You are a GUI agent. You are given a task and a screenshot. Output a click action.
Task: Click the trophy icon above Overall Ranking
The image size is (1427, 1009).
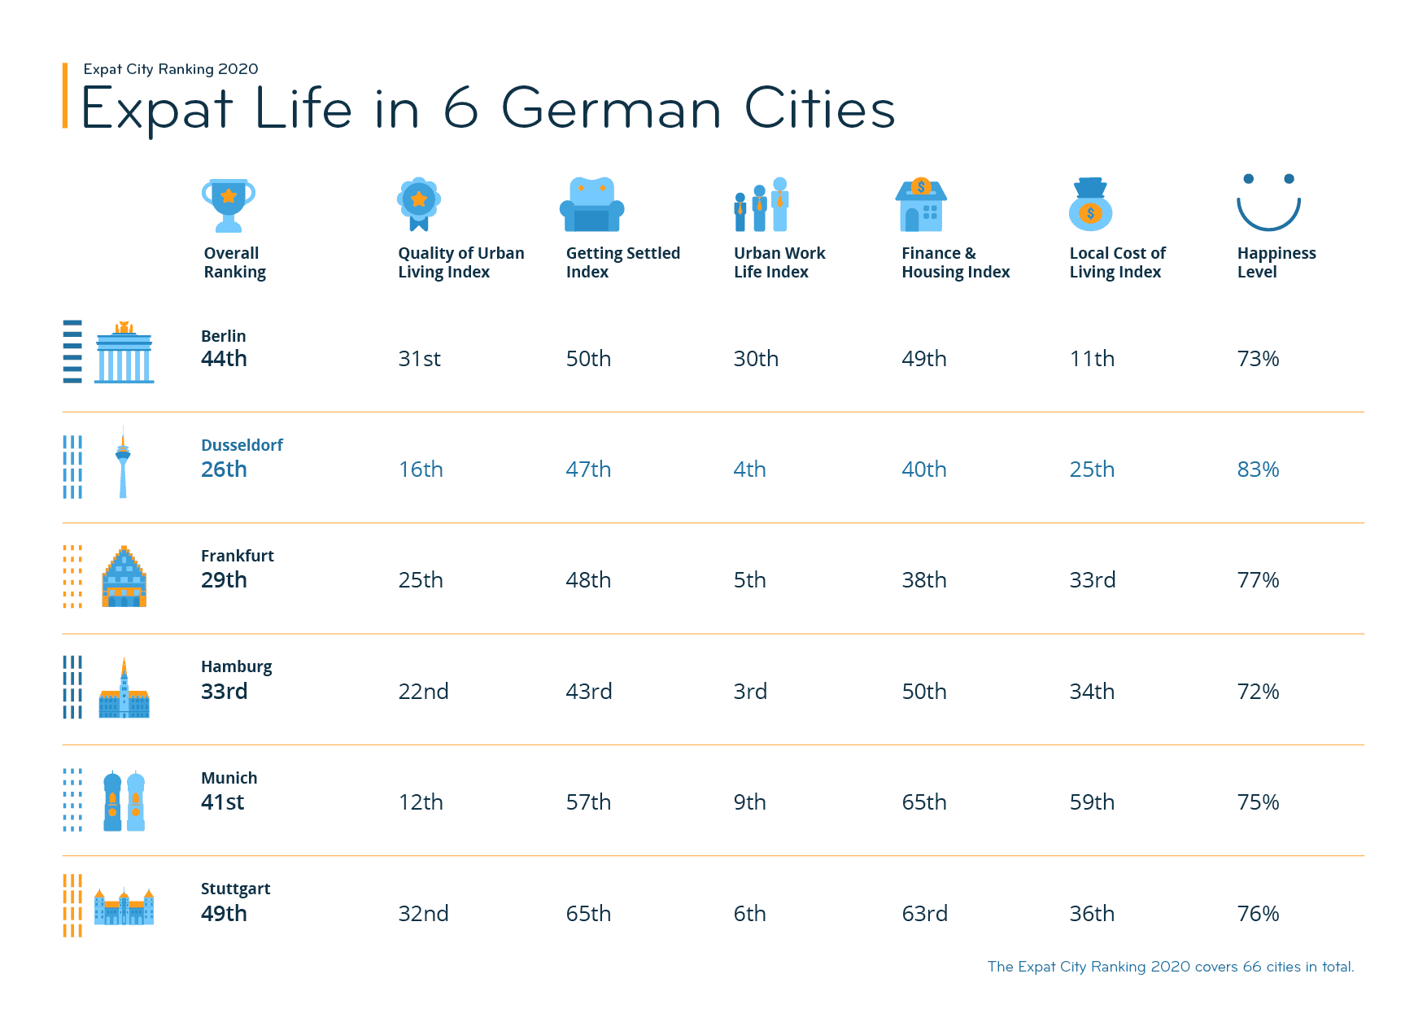[229, 204]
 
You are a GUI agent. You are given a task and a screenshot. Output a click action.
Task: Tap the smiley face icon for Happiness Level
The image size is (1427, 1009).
[1268, 203]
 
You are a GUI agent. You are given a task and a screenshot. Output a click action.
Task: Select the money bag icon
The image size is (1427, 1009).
[1090, 204]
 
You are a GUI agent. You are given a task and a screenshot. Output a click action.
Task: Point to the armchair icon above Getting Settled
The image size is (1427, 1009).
[591, 204]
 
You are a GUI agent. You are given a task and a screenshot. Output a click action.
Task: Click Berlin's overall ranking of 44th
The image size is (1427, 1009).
[224, 359]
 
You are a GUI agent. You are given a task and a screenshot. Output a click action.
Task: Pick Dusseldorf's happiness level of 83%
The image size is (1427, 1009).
[1258, 470]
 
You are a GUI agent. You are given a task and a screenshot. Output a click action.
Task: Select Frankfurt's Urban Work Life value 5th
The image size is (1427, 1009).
[749, 580]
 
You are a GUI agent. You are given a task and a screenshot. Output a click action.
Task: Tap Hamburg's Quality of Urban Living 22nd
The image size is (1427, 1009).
[423, 692]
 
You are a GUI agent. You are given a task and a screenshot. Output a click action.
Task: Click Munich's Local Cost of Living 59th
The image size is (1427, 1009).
[1092, 802]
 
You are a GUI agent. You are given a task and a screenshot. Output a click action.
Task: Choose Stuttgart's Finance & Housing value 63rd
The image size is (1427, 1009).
[924, 914]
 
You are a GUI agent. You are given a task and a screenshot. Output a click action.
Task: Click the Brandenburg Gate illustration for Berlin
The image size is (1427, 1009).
[124, 352]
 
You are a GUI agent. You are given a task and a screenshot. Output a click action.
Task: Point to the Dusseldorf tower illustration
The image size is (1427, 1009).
[123, 462]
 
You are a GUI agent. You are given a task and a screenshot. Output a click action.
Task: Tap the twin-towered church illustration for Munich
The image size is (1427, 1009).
[124, 802]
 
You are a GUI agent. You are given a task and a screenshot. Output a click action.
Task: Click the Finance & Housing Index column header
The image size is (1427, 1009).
[955, 262]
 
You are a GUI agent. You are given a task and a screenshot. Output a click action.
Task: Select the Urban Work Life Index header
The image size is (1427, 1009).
[779, 262]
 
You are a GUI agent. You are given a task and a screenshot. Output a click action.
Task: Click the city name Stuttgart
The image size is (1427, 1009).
[235, 889]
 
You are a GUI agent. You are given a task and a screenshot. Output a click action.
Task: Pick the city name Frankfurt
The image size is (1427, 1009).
[237, 556]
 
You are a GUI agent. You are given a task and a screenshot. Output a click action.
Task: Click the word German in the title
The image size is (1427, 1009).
[611, 109]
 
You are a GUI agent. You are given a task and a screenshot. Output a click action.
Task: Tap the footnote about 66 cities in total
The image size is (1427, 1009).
[1170, 967]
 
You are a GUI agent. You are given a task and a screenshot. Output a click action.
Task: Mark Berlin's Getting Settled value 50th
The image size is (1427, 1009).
[588, 359]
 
